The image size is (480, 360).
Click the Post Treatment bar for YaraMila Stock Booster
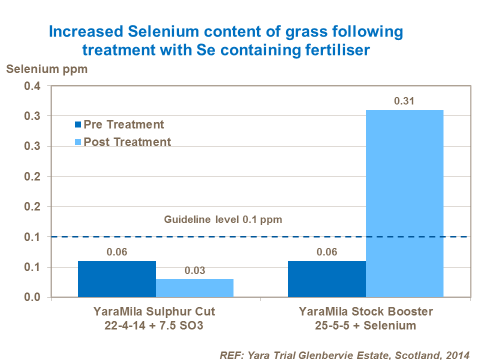tap(404, 203)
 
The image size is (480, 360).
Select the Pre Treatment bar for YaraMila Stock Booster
tap(326, 279)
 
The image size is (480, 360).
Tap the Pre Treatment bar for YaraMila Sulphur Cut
tap(116, 279)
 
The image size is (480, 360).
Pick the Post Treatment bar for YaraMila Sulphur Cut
tap(194, 288)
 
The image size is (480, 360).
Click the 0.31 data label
tap(404, 101)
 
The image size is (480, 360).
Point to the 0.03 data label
tap(194, 271)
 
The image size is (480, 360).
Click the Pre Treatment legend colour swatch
tap(78, 125)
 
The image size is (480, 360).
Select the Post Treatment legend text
tap(127, 142)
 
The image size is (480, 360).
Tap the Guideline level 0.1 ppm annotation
tap(224, 219)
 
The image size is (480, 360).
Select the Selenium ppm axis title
tap(46, 69)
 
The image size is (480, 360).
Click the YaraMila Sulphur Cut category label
tap(154, 312)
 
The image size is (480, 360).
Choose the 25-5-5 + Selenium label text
tap(365, 325)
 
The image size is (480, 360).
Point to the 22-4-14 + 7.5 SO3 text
tap(154, 325)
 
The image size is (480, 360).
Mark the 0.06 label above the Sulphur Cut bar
tap(116, 252)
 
